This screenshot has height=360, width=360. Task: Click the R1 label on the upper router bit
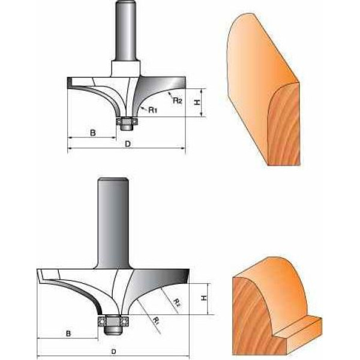click(152, 110)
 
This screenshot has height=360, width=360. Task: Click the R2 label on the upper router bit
click(177, 100)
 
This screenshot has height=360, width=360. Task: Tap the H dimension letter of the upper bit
click(197, 103)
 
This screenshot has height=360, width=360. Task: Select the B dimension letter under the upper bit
click(93, 133)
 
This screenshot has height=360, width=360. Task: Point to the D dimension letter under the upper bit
click(128, 144)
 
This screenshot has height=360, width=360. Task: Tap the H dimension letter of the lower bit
click(204, 298)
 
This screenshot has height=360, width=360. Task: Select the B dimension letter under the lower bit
click(68, 334)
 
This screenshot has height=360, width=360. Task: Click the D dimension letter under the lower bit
click(113, 352)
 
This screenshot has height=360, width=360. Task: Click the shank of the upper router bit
click(125, 31)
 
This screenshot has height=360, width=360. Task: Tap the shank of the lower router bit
click(113, 223)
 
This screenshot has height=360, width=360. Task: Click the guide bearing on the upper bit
click(127, 121)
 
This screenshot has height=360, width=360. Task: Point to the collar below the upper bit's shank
click(125, 68)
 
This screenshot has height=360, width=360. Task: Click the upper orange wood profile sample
click(263, 89)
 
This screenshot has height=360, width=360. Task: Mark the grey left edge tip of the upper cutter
click(70, 83)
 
